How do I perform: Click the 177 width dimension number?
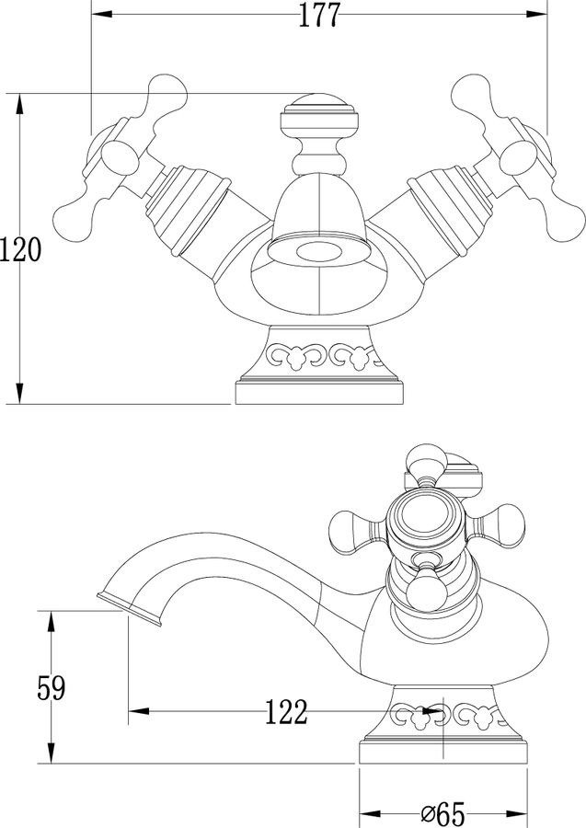point(319,15)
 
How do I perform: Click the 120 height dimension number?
point(20,249)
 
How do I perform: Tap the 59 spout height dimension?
point(52,688)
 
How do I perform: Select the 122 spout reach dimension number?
point(285,712)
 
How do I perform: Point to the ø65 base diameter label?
point(442,814)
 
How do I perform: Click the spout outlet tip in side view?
point(130,610)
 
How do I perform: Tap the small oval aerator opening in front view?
point(319,252)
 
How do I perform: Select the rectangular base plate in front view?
point(319,393)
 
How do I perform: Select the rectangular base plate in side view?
point(443,752)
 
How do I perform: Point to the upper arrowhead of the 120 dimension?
point(20,103)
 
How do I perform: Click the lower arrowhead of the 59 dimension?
point(52,753)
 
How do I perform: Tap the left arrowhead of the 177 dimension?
point(102,14)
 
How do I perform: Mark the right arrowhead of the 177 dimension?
point(537,14)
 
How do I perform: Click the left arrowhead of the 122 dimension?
point(139,711)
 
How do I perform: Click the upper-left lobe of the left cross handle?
point(167,95)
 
